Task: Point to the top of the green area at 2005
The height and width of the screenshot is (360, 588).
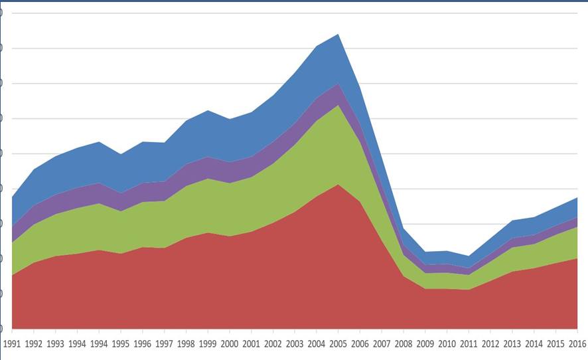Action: pos(339,105)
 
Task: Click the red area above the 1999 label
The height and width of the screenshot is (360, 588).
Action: pos(208,279)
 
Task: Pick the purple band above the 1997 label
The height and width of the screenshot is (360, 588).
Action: pos(165,191)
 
